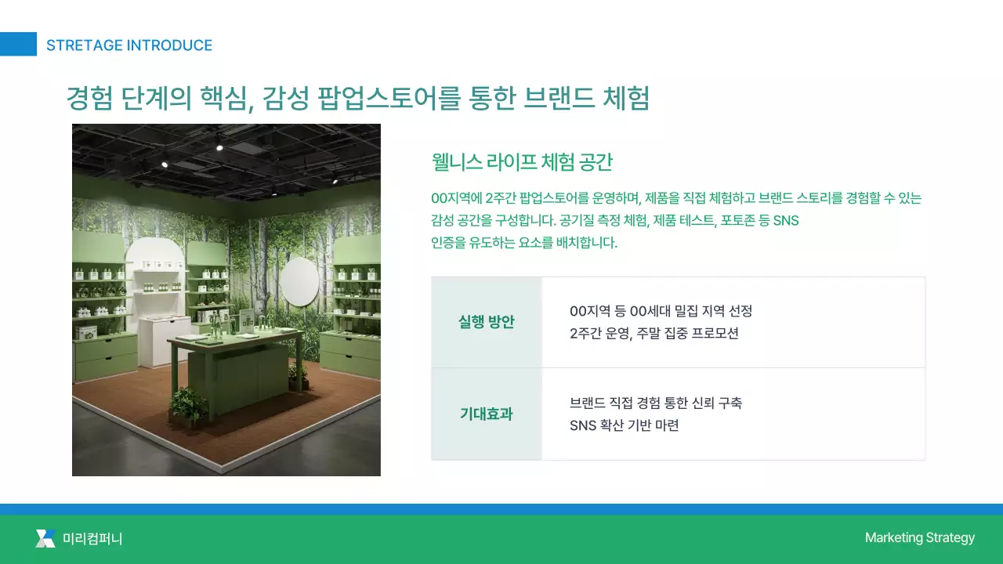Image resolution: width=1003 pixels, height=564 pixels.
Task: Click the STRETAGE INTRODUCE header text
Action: click(x=129, y=45)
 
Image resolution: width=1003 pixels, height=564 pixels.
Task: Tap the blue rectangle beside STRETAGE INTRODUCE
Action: click(x=18, y=44)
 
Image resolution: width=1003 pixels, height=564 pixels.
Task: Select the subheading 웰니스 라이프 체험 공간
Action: click(x=522, y=162)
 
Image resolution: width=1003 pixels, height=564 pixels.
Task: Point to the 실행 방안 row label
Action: click(x=487, y=322)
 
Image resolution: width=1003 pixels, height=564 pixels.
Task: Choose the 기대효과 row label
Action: click(x=486, y=414)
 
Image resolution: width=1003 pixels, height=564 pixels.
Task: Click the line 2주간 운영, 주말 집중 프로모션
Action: click(x=654, y=333)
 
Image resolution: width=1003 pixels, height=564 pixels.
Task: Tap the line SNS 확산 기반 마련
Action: click(x=624, y=425)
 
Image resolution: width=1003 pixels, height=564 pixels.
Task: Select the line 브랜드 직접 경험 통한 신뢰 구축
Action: click(x=656, y=403)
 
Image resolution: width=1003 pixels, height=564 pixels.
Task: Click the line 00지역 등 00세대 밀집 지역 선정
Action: click(x=661, y=311)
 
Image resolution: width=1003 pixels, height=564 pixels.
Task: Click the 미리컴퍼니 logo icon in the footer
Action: click(x=45, y=538)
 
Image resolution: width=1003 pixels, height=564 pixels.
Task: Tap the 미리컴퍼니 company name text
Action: click(x=92, y=539)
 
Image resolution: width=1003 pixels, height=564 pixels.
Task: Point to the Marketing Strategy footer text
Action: click(x=919, y=537)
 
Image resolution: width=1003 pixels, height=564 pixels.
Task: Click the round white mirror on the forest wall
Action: click(x=299, y=282)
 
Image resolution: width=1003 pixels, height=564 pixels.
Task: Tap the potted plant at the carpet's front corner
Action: click(x=188, y=406)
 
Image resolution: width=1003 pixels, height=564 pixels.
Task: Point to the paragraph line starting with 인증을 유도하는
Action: click(x=524, y=242)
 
